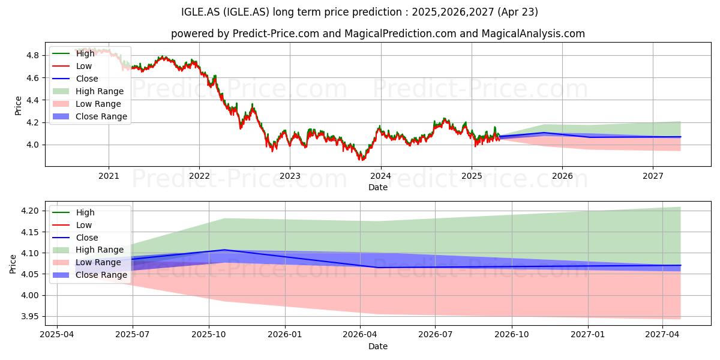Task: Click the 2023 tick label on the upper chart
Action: [290, 176]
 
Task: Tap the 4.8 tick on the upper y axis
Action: [32, 56]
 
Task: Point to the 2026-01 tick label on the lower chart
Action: [285, 335]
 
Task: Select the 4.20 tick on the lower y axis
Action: [30, 211]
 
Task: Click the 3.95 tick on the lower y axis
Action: [30, 317]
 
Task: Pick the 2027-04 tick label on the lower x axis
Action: [662, 335]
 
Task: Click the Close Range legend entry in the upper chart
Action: [89, 116]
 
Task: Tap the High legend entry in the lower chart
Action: [73, 212]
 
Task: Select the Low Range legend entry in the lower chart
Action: [87, 262]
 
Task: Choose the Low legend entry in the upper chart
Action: [72, 66]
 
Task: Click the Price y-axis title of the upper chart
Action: [18, 106]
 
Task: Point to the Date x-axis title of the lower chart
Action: [378, 346]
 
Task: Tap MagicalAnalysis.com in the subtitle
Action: [533, 34]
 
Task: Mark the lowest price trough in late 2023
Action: [361, 160]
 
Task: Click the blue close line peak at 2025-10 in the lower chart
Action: [224, 250]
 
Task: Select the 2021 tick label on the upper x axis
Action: [109, 176]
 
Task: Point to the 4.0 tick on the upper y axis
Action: [32, 145]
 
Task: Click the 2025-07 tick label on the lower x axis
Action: [133, 335]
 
